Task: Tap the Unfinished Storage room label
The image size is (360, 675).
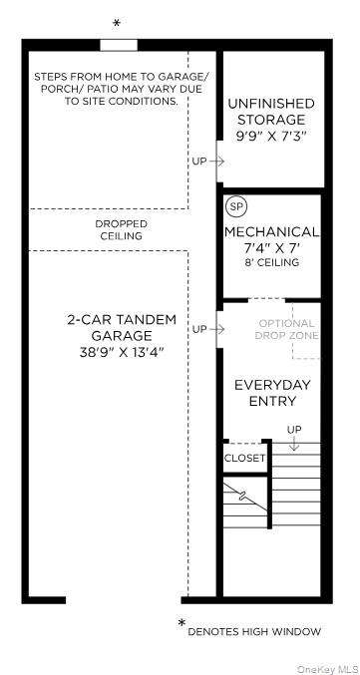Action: coord(271,111)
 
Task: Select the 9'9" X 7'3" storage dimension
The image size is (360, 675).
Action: coord(271,136)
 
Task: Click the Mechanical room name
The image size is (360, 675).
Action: coord(271,231)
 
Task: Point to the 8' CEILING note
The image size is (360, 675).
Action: coord(271,262)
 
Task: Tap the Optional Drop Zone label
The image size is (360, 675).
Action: coord(286,329)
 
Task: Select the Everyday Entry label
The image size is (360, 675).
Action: coord(272,393)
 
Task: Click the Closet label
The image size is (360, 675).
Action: coord(244,458)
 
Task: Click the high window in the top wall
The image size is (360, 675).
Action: coord(119,45)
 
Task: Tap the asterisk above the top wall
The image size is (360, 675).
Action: coord(117,24)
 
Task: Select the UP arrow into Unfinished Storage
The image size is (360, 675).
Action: coord(217,162)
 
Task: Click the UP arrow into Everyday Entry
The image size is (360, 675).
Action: coord(217,330)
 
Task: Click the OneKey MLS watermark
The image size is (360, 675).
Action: coord(328,669)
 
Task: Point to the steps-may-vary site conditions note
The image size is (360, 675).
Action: coord(119,89)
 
